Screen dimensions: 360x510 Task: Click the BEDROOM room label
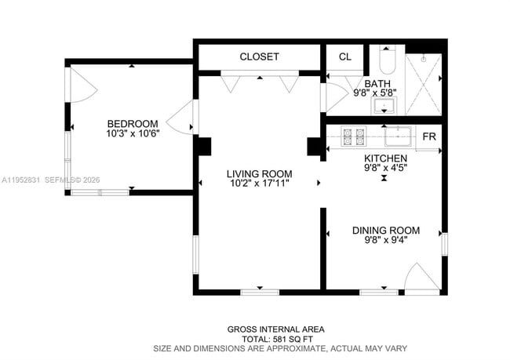pos(133,124)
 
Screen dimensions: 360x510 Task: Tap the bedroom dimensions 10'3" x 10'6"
pos(133,133)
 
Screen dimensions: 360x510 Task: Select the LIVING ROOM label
pos(259,174)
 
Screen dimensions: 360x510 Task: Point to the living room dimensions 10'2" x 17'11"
pos(259,184)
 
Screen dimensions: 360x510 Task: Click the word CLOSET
pos(259,57)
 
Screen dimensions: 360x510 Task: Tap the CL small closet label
pos(345,57)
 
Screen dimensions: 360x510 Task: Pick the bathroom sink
pos(384,105)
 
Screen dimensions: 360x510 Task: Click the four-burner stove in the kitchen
pos(355,136)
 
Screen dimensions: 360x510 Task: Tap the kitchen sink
pos(399,137)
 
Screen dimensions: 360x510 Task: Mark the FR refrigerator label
pos(429,137)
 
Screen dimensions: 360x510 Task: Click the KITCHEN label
pos(384,158)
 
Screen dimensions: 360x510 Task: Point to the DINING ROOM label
pos(385,231)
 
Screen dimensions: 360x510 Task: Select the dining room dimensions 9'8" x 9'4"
pos(385,240)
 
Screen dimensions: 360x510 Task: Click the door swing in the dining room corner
pos(422,278)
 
